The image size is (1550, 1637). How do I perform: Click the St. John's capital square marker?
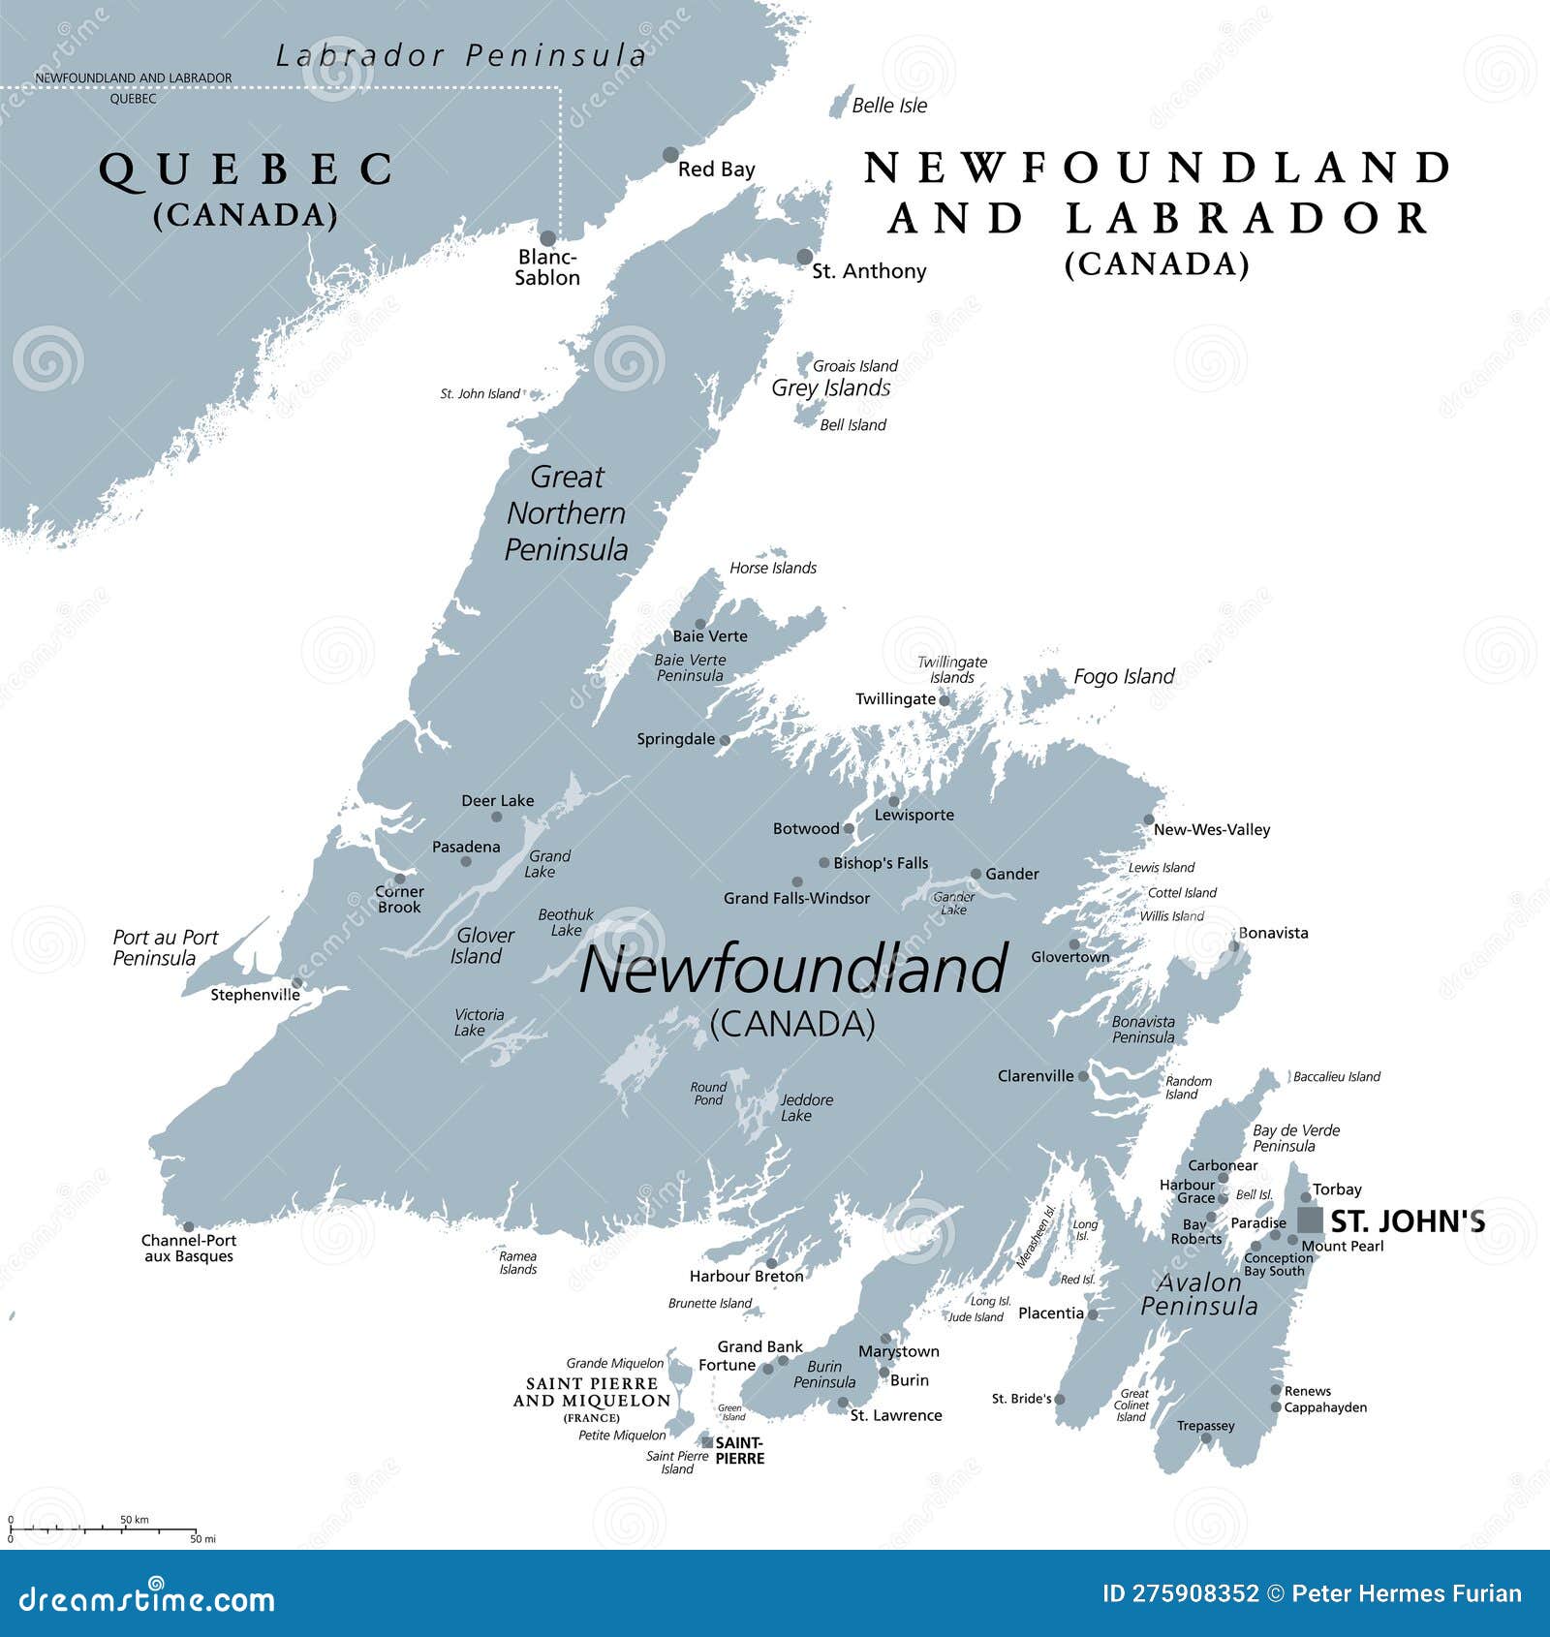click(x=1310, y=1220)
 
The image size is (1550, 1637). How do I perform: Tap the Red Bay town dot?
click(x=670, y=155)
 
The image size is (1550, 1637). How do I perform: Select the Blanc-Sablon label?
click(x=547, y=267)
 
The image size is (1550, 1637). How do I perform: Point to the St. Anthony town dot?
click(x=805, y=257)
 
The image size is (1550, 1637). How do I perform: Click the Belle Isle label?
click(x=889, y=106)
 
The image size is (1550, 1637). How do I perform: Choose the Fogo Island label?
click(x=1124, y=676)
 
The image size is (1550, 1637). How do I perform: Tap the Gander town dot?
click(x=976, y=874)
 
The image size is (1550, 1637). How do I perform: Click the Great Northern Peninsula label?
click(x=567, y=513)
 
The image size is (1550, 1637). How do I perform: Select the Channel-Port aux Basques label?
click(x=189, y=1249)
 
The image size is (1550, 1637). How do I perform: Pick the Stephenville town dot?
click(x=297, y=983)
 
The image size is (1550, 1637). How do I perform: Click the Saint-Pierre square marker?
click(x=707, y=1442)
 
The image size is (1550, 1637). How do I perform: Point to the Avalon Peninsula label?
click(x=1199, y=1294)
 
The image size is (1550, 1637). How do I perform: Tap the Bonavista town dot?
click(x=1234, y=946)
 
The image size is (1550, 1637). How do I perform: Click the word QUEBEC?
click(x=246, y=170)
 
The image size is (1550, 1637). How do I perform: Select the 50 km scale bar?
click(x=102, y=1529)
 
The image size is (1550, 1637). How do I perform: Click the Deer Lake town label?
click(x=497, y=800)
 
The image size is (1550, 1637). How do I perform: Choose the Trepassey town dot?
click(x=1206, y=1438)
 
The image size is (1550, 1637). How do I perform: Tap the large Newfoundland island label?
click(x=792, y=970)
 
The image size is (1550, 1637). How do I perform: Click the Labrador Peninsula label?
click(x=461, y=56)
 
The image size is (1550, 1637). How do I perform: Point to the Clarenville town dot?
click(x=1083, y=1076)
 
